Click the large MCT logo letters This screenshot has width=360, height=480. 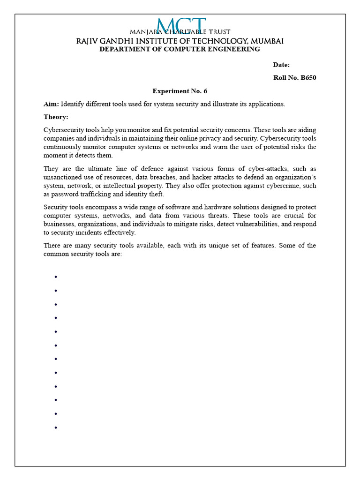pyautogui.click(x=182, y=26)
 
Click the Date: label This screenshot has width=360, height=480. pyautogui.click(x=281, y=65)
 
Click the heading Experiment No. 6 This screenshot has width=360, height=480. pyautogui.click(x=180, y=91)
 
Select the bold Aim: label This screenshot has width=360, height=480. pyautogui.click(x=51, y=104)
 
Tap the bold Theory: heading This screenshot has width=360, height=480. pyautogui.click(x=56, y=117)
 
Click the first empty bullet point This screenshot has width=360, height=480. pyautogui.click(x=56, y=277)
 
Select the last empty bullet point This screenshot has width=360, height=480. pyautogui.click(x=56, y=427)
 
